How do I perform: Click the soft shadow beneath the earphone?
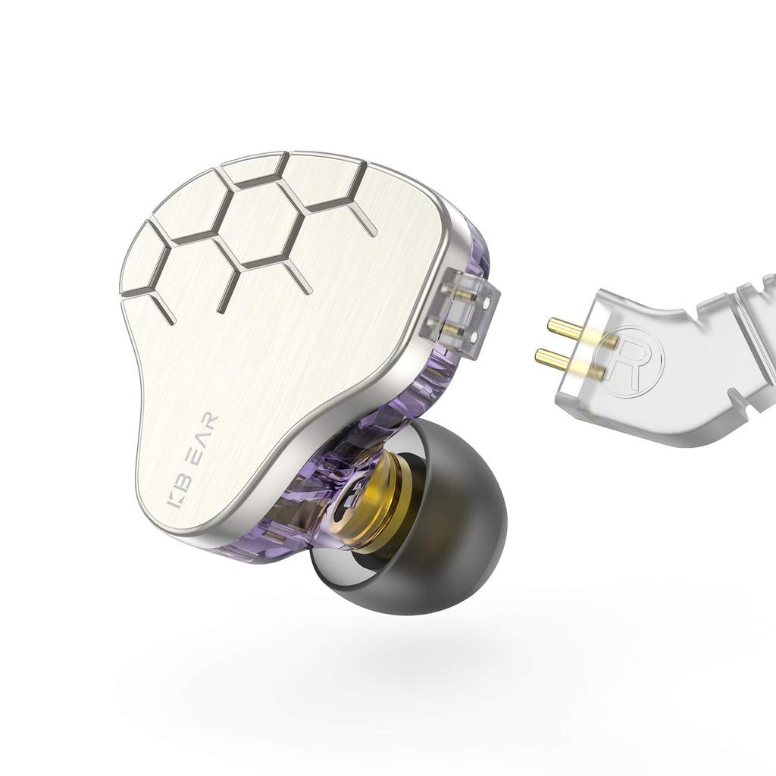(x=424, y=667)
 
